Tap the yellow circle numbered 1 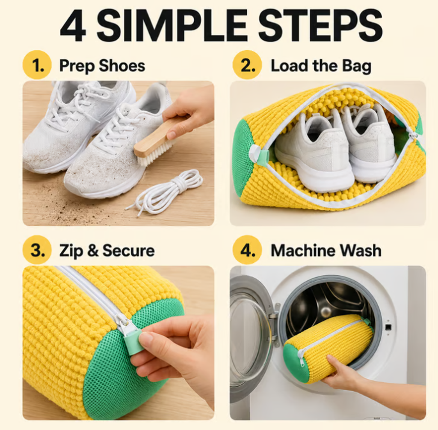[37, 65]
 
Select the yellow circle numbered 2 [247, 65]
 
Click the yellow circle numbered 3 [37, 250]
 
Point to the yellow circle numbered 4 [247, 250]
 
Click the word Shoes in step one [122, 66]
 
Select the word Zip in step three [71, 251]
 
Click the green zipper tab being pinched [133, 342]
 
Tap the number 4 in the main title [73, 25]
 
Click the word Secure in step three [128, 250]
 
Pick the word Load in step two [290, 66]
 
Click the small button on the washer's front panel [388, 327]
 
